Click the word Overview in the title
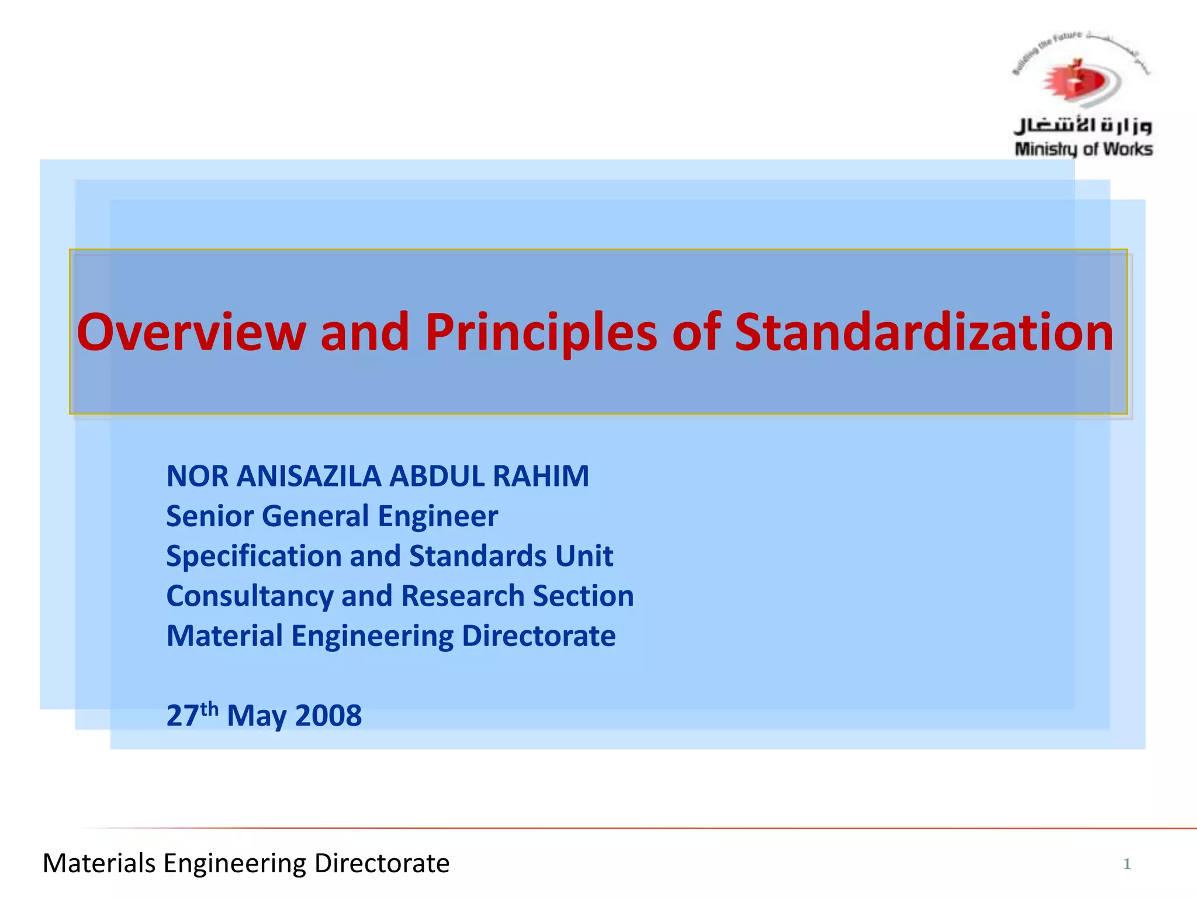191,332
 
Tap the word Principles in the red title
541,332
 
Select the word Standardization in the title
923,332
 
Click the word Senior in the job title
210,516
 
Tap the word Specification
252,556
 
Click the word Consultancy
250,596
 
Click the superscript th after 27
209,709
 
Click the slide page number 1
1127,864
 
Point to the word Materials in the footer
99,864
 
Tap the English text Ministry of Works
1084,150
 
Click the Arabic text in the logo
1082,125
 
